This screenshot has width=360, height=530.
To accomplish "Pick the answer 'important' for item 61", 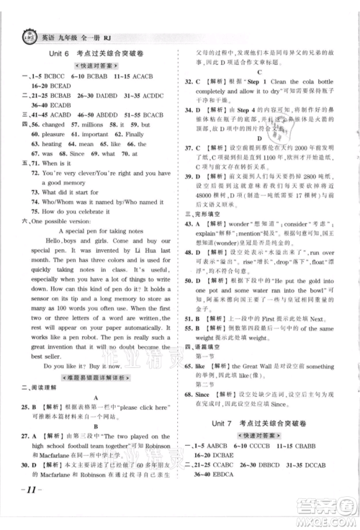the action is pyautogui.click(x=107, y=134).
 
